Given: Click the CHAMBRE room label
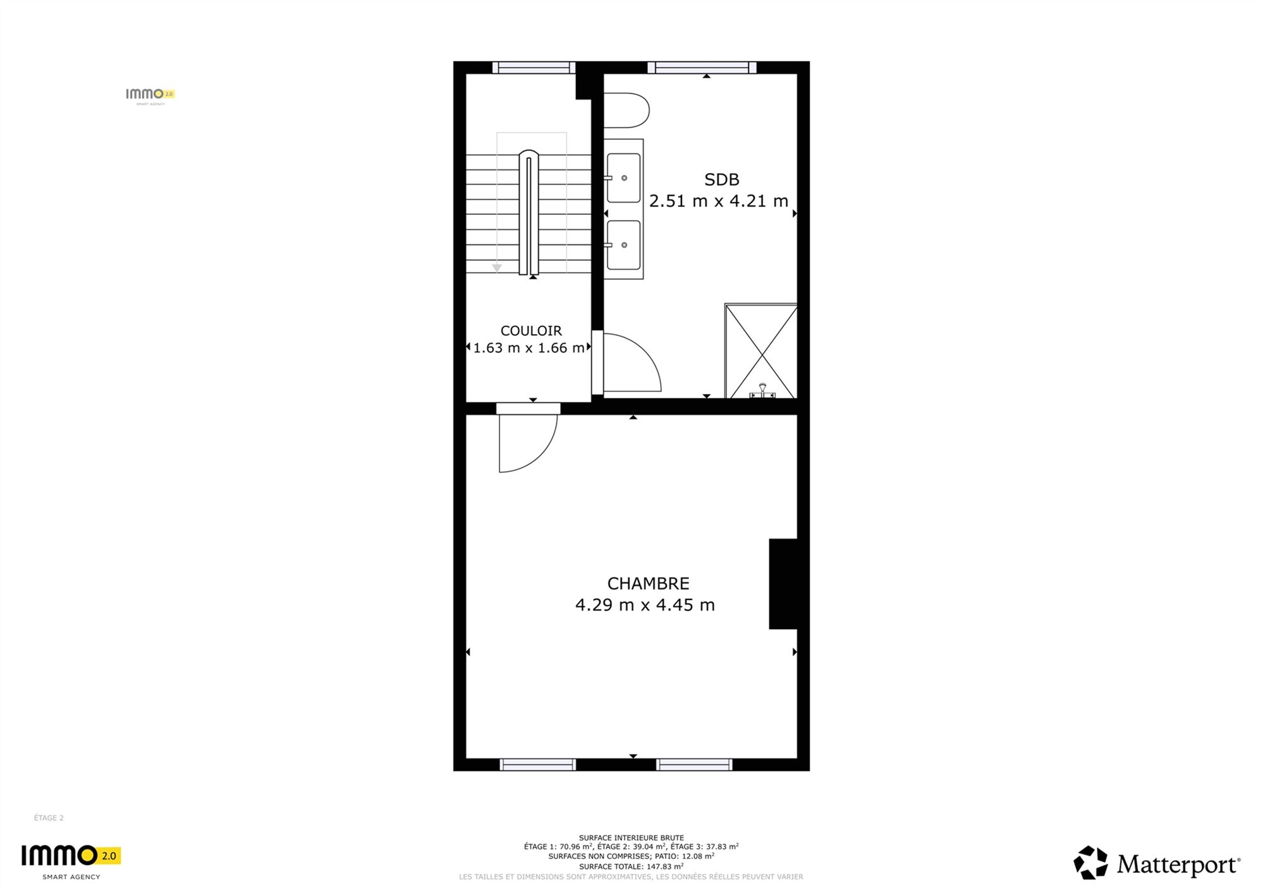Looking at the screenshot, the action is (648, 583).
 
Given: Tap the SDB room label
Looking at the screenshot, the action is (722, 180).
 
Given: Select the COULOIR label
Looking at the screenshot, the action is (531, 331).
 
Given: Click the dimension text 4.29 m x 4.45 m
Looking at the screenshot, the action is (645, 605).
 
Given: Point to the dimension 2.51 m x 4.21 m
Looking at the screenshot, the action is (719, 201).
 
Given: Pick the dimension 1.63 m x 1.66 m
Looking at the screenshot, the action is (529, 348).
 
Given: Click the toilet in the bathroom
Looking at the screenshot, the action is (626, 111).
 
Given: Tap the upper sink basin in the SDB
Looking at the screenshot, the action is (624, 178).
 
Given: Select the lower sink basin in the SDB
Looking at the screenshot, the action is (624, 245).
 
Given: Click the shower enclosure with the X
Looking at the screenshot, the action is (761, 351).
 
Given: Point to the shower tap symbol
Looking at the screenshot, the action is (762, 391).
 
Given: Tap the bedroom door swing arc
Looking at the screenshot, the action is (542, 457).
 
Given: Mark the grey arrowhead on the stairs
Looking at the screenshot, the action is (497, 268).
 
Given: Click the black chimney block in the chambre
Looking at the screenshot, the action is (783, 584).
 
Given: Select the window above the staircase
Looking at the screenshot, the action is (534, 68).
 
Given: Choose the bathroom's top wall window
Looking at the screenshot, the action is (702, 68).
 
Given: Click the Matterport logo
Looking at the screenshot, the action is (1157, 863).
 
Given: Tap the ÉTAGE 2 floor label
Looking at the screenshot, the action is (49, 818).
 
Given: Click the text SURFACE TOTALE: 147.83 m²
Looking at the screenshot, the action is (631, 866).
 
